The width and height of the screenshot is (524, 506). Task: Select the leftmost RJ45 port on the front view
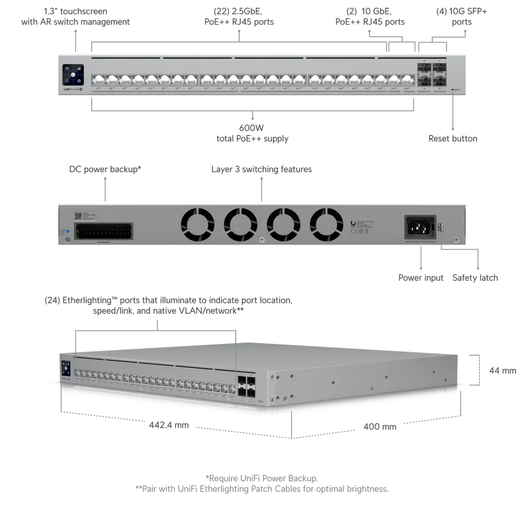click(99, 80)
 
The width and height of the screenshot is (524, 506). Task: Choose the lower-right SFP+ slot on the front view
click(439, 81)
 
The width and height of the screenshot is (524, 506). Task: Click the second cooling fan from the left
click(240, 224)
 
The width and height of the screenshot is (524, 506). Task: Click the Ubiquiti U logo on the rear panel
click(353, 223)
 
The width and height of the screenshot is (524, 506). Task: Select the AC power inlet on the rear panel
click(419, 227)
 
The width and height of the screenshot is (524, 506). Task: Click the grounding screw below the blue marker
click(67, 240)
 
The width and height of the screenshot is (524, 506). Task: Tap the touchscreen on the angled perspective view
click(65, 366)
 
